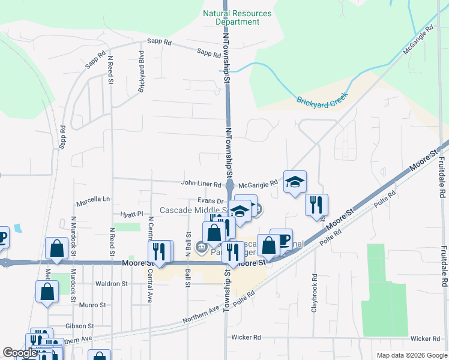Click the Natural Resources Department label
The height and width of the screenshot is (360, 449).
[x=237, y=17]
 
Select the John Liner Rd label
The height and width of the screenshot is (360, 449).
[x=202, y=184]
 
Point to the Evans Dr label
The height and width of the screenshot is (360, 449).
[x=210, y=202]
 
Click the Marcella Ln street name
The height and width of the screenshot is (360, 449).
[x=93, y=199]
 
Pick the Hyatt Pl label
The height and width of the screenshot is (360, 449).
[x=132, y=214]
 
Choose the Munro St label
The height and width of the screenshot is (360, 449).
[x=92, y=305]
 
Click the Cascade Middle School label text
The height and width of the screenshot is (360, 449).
[x=192, y=211]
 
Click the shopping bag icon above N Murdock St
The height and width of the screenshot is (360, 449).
[x=56, y=248]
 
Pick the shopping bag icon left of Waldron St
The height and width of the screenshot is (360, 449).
[x=47, y=292]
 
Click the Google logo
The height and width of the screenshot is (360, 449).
[x=20, y=353]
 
